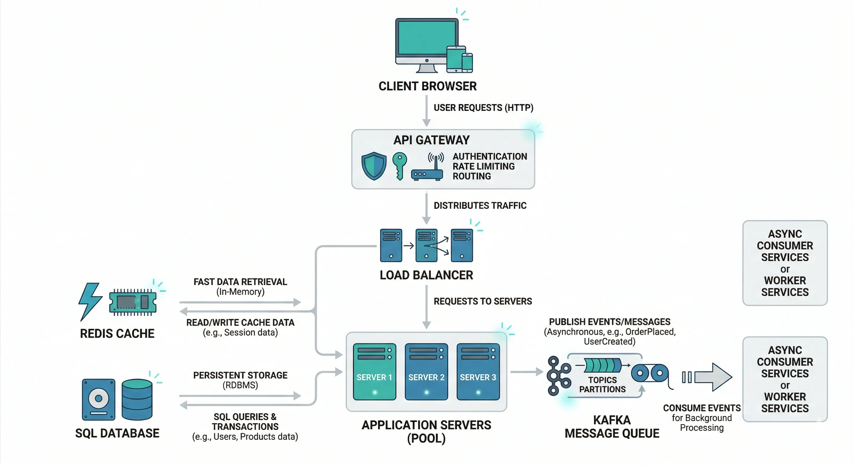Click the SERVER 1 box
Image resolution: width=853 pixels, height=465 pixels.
374,372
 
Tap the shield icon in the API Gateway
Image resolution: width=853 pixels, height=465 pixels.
374,166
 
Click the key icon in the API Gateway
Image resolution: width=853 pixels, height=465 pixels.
399,165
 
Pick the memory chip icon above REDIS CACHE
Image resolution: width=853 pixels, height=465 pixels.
132,301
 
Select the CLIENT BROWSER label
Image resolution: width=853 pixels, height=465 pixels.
427,86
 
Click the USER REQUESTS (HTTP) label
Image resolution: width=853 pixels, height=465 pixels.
483,107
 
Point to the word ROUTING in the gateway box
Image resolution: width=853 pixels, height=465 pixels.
472,176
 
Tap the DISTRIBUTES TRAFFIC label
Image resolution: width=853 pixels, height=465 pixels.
480,206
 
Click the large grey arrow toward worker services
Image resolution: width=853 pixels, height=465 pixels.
712,377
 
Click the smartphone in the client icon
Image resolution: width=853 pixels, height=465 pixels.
467,63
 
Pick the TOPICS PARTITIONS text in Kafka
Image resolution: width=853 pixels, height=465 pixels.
602,384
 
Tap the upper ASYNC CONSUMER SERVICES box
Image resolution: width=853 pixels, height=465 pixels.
785,263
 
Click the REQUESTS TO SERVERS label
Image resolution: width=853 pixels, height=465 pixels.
483,301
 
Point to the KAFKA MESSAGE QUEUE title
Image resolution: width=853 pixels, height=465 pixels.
612,427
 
